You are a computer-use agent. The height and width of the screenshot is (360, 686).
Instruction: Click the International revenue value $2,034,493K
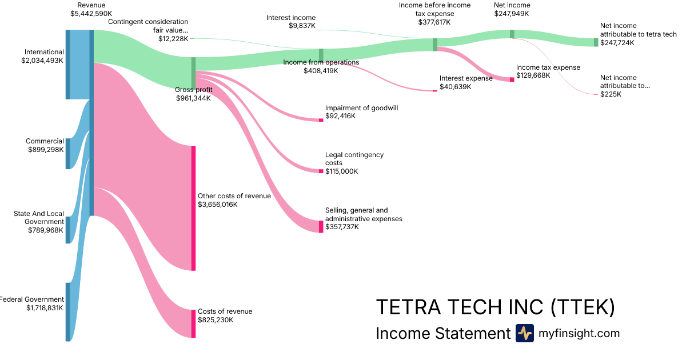tap(42, 60)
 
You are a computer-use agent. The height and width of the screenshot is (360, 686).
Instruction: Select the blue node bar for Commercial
tap(67, 153)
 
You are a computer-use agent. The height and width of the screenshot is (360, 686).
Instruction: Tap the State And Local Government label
tap(39, 218)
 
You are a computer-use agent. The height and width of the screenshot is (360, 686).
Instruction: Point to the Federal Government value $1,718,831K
tap(45, 308)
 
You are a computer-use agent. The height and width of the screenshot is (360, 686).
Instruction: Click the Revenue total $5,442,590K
tap(91, 13)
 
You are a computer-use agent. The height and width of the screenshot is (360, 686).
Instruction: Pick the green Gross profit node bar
tap(193, 73)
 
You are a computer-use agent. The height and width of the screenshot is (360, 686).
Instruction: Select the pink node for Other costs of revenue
tap(193, 208)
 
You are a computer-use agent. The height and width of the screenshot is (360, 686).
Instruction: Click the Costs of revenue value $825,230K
tap(216, 320)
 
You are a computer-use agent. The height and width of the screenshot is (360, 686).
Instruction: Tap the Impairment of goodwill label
tap(361, 108)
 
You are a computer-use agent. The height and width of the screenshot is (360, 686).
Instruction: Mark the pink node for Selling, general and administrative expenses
tap(321, 227)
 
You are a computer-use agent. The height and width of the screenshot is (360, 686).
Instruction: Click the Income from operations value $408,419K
tap(321, 71)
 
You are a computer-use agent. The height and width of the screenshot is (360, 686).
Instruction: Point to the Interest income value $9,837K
tap(302, 26)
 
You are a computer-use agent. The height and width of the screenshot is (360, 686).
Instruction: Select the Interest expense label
tap(466, 78)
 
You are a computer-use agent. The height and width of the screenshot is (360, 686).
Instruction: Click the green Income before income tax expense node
tap(435, 45)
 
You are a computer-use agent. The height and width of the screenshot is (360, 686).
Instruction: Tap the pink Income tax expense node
tap(512, 79)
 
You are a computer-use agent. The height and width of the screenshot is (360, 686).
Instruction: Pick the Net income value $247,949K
tap(512, 13)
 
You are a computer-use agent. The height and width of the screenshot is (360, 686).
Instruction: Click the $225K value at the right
tap(611, 94)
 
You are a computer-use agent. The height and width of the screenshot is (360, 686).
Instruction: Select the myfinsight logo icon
tap(524, 333)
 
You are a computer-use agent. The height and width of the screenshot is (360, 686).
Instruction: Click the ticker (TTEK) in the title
tap(583, 307)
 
